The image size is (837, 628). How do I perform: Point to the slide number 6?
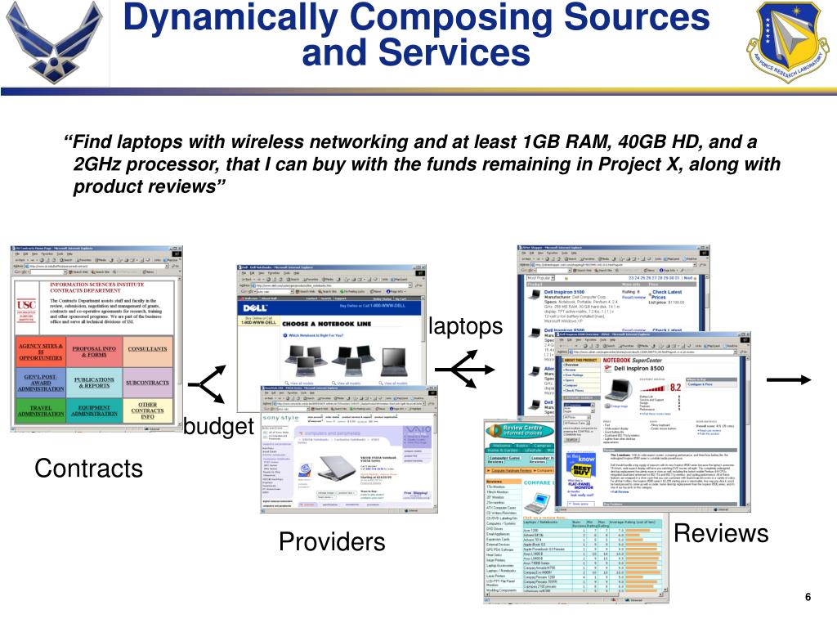808,598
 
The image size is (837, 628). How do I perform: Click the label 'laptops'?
465,326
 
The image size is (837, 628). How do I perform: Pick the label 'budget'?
218,427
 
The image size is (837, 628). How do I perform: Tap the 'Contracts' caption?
88,469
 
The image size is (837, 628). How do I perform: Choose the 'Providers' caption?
331,541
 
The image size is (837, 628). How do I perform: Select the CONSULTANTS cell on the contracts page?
147,350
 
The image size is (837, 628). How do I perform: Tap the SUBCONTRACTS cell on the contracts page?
147,382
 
